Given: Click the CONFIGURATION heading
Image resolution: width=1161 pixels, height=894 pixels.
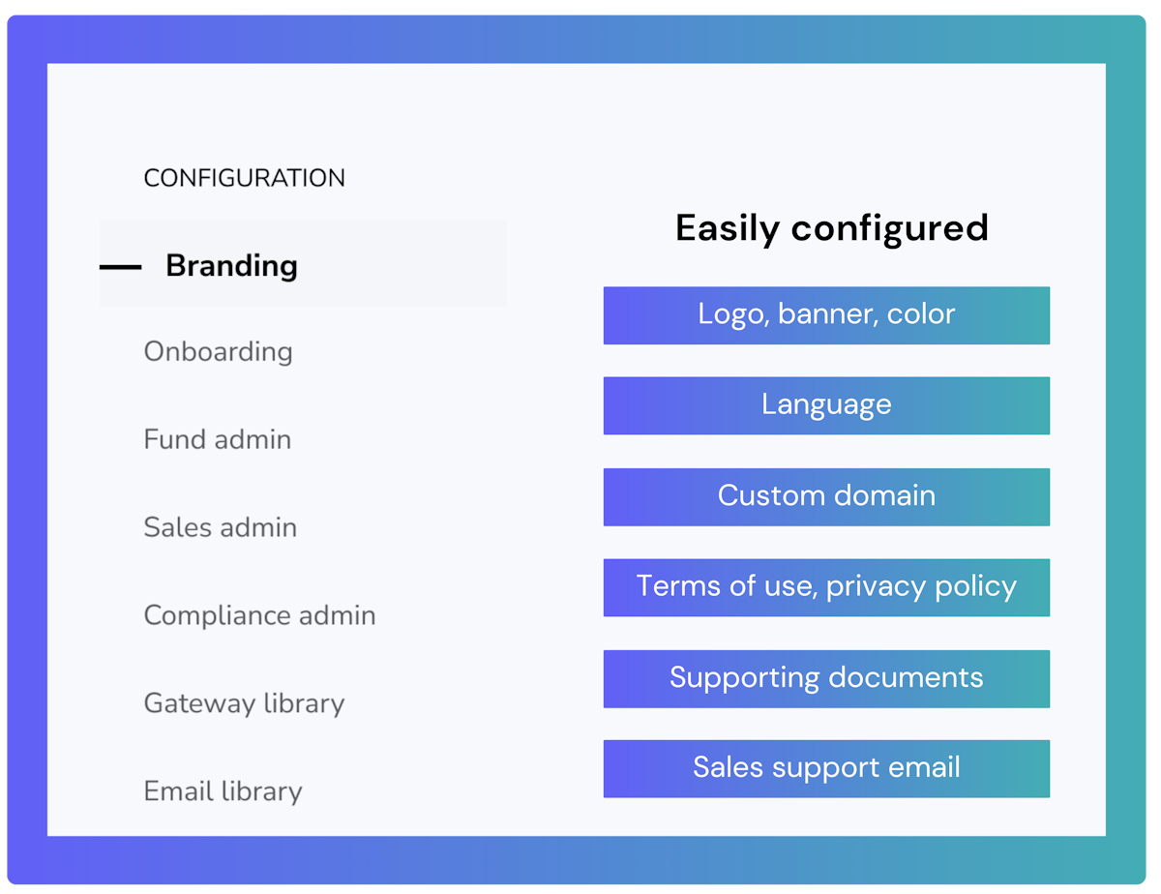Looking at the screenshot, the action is coord(244,178).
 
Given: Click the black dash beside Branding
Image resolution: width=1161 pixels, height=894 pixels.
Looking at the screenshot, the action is coord(120,267).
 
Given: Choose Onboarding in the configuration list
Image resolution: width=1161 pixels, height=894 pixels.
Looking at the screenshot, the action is coord(218,352).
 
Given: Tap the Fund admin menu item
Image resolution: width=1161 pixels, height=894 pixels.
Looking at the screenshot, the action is coord(218,439).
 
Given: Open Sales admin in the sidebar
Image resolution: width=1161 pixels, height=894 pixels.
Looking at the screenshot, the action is coord(221,527).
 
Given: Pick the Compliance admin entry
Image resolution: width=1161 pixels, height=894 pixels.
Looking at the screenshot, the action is coord(259,615).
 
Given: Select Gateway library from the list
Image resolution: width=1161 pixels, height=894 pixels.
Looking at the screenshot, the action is coord(244,703).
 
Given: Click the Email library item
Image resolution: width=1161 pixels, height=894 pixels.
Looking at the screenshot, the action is coord(223,790).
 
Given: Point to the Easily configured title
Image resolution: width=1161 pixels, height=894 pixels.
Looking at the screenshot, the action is coord(832,228).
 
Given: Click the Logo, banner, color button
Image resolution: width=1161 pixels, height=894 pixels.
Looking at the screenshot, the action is coord(826,315).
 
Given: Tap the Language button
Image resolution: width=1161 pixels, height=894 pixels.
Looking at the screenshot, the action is coord(826,405).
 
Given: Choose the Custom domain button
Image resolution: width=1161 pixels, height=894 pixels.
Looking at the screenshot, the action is coord(826,497).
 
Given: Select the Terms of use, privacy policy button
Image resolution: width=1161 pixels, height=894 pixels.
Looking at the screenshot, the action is coord(826,588).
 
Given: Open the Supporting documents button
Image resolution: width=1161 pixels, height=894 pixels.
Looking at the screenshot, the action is coord(826,679).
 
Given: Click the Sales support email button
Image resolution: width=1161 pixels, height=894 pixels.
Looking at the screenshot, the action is coord(826,769).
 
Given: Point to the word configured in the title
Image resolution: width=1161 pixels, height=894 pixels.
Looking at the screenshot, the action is coord(889,229).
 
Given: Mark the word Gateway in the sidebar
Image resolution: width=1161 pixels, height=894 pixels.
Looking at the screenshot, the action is coord(199,704).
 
